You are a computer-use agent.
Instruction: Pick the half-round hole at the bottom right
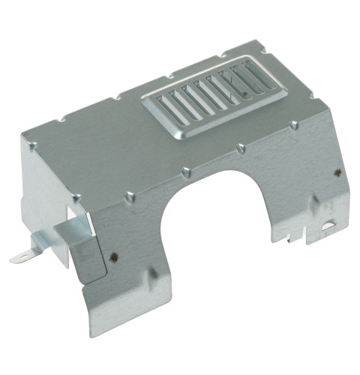tap(327, 225)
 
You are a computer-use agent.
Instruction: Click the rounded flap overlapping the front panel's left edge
tap(88, 256)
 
